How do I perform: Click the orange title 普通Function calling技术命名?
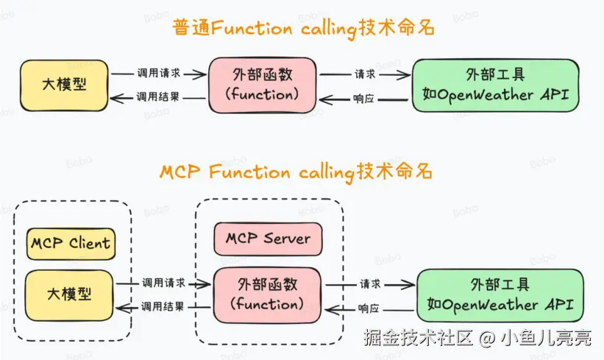point(302,28)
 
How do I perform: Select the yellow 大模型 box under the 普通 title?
point(65,85)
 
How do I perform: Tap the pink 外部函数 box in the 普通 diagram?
point(263,85)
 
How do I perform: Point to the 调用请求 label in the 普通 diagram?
point(159,74)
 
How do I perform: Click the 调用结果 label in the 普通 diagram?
point(159,97)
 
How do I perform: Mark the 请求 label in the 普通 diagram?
point(364,74)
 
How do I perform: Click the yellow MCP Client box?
point(71,243)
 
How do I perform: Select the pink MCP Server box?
point(268,239)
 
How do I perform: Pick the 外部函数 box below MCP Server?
point(268,294)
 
